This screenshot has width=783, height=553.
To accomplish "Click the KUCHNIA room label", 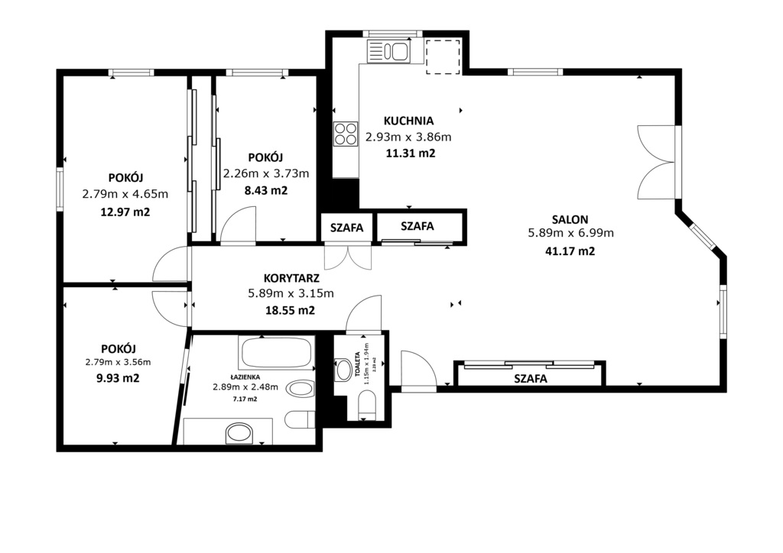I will [408, 121].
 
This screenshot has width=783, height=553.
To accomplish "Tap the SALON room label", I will [570, 218].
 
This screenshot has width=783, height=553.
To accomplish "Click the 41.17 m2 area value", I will [570, 251].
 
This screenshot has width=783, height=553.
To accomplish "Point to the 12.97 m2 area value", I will [125, 212].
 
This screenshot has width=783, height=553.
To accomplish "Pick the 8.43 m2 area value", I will [265, 190].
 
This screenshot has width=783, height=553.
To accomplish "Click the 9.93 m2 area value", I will [118, 377].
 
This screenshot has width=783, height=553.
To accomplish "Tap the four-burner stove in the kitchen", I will [345, 134].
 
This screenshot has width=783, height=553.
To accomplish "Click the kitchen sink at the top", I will [388, 51].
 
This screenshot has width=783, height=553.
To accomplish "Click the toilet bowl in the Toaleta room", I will [366, 403].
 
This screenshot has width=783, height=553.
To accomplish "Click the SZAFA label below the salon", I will [531, 377].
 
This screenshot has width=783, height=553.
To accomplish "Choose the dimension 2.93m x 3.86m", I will [408, 137].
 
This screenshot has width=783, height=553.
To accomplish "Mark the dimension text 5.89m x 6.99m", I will [570, 234].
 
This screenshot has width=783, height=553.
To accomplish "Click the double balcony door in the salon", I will [658, 162].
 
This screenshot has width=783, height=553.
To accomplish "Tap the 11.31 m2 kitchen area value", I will [410, 153].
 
